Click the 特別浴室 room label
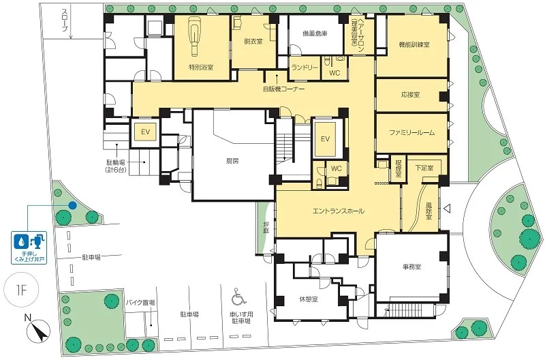coord(201,67)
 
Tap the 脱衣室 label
coord(253,42)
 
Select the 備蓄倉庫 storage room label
coord(315,33)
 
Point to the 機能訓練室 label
coord(414,44)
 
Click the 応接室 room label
coord(410,95)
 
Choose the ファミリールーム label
coord(412,132)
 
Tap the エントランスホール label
coord(338,211)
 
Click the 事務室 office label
coord(411,267)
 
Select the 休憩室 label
coord(309,299)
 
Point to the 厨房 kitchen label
coord(232,161)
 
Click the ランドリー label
coord(305,67)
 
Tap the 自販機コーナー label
coord(283,89)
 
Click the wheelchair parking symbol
coord(239,296)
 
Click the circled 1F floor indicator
coord(21,290)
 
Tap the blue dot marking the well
coord(72,205)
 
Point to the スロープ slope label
coord(65,20)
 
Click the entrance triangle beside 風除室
coord(448,209)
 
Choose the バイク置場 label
coord(140,303)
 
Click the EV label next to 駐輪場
coord(145,132)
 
